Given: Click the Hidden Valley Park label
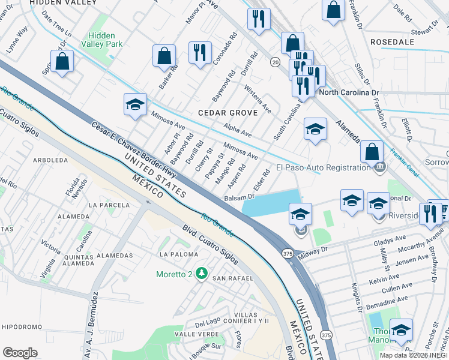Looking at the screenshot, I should (x=106, y=40).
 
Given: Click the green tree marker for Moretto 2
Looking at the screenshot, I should (x=202, y=274).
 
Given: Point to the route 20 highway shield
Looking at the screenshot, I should (x=275, y=62).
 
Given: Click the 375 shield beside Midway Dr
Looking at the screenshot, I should (x=288, y=254).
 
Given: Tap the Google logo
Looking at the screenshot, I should (x=20, y=353).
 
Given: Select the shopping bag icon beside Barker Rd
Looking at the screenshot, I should (x=164, y=56).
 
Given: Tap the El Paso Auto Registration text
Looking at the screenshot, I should (x=323, y=167).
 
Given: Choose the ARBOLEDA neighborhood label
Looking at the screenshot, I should (x=50, y=160).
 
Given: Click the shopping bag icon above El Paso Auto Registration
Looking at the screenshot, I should (x=372, y=152).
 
